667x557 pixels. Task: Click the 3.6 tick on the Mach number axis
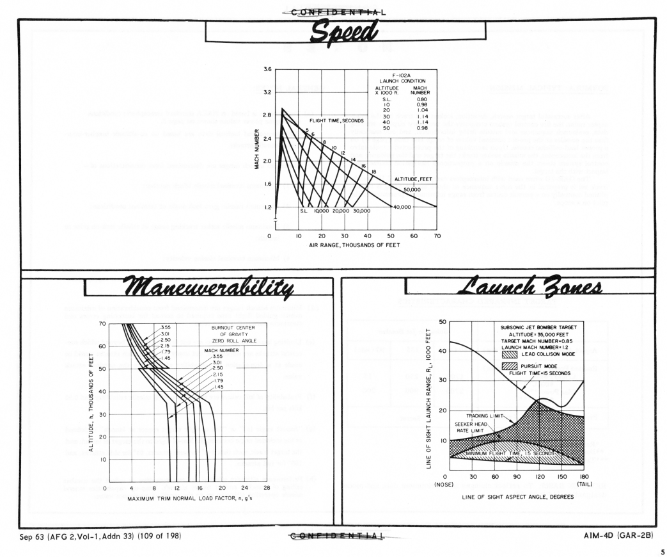(267, 69)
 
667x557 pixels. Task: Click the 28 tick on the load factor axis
(267, 488)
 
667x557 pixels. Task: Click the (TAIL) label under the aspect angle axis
(583, 485)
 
